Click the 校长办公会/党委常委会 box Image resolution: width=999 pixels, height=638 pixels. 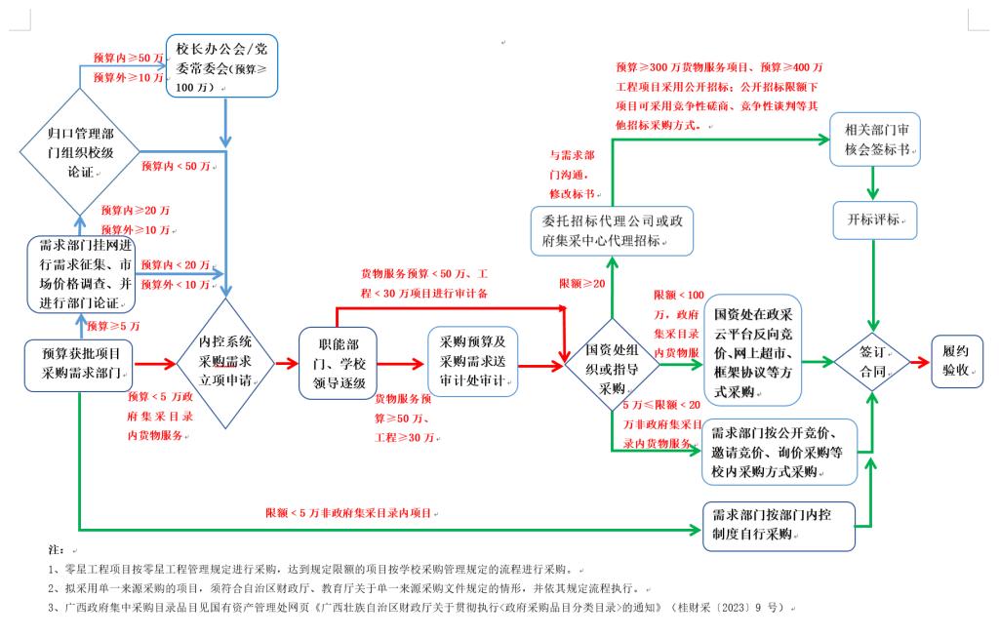click(x=222, y=66)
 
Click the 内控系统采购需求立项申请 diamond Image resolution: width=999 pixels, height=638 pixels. click(x=225, y=362)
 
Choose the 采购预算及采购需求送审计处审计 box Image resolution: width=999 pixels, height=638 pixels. click(x=471, y=362)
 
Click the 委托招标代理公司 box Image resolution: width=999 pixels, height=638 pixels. click(x=612, y=230)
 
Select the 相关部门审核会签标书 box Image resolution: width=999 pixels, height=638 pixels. click(x=874, y=141)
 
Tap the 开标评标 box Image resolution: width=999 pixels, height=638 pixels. click(x=875, y=221)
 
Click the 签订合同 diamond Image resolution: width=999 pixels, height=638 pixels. click(x=871, y=362)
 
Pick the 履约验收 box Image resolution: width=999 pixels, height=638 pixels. click(x=956, y=362)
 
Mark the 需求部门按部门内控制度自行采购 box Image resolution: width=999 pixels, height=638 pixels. click(x=779, y=527)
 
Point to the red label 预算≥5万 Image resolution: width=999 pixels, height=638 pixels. click(x=113, y=326)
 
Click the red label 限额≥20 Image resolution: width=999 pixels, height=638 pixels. click(x=582, y=283)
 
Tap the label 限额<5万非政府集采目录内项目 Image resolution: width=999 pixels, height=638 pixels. click(x=347, y=513)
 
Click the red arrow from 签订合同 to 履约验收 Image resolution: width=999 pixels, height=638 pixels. click(x=920, y=362)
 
